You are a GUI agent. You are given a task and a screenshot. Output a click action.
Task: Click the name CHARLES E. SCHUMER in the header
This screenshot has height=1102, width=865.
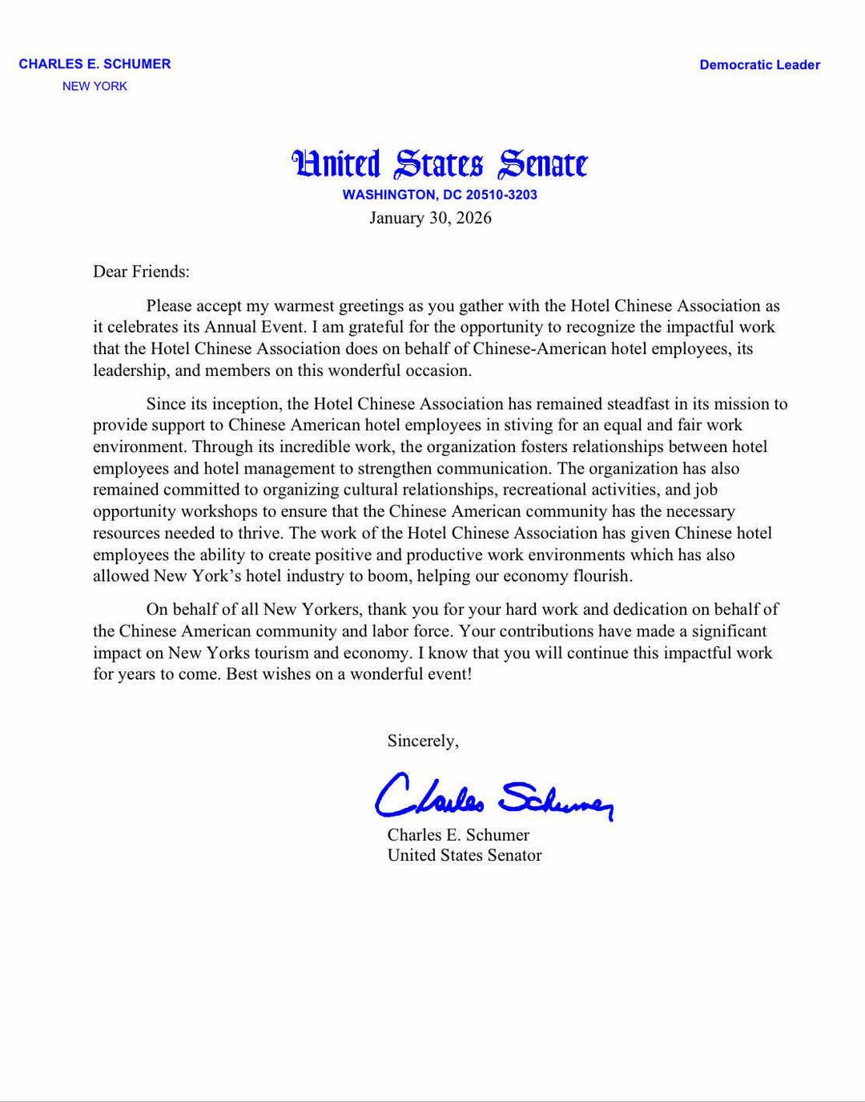tap(95, 64)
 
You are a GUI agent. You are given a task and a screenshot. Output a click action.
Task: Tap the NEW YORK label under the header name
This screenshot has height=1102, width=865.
tap(95, 87)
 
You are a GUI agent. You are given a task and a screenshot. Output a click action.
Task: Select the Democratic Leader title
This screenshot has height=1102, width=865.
tap(759, 65)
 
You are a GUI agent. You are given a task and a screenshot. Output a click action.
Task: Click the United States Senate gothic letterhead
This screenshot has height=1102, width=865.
tap(440, 163)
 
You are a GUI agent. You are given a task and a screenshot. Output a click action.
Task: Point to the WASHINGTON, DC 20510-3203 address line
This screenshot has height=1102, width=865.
tap(440, 195)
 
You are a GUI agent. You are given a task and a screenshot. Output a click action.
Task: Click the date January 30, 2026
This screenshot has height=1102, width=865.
tap(430, 218)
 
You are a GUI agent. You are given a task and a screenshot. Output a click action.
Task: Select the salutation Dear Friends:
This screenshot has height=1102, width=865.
tap(141, 272)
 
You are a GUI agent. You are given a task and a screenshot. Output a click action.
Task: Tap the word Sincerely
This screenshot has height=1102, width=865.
tap(422, 741)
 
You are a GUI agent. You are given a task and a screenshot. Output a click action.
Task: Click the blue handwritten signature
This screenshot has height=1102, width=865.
tap(493, 795)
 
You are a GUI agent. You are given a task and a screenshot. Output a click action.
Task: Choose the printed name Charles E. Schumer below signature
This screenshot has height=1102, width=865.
tap(458, 835)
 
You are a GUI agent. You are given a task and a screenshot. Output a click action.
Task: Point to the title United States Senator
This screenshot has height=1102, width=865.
tap(465, 856)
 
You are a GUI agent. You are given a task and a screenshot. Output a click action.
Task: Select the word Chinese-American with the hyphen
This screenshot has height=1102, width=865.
tap(533, 349)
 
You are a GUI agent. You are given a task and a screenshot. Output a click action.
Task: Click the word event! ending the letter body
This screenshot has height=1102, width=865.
tap(449, 674)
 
